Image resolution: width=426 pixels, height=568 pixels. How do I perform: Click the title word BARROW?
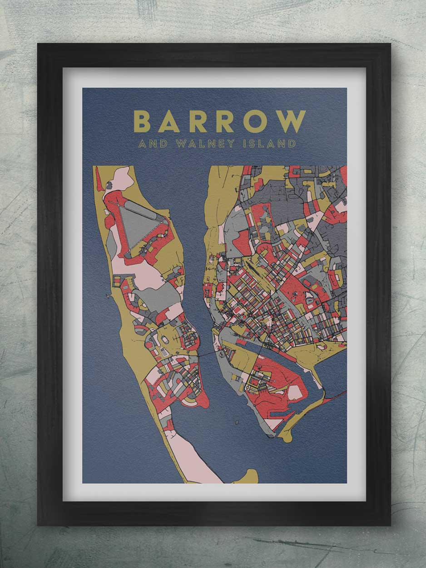pyautogui.click(x=219, y=121)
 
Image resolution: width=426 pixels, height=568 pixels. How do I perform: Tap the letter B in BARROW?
pyautogui.click(x=142, y=121)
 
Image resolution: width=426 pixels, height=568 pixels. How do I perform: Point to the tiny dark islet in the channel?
pyautogui.click(x=237, y=423)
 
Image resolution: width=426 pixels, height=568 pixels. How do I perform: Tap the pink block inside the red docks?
pyautogui.click(x=294, y=392)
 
